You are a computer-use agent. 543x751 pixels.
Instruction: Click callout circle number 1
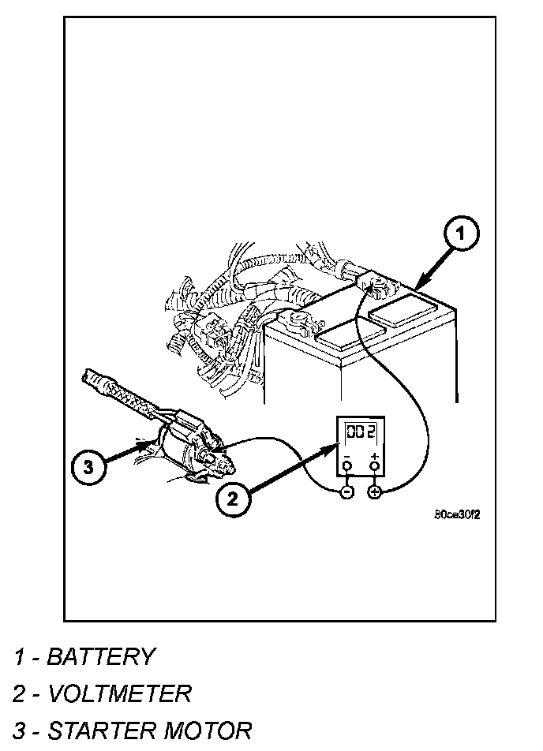(462, 234)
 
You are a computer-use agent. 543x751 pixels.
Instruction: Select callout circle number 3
(88, 467)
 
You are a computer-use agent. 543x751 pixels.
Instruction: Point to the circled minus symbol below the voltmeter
(346, 492)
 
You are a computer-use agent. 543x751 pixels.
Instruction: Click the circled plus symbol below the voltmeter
(374, 492)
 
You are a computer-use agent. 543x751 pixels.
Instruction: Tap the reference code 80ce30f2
(457, 514)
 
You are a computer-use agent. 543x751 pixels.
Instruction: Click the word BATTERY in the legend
(101, 656)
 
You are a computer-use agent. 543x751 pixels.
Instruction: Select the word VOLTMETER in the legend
(120, 694)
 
